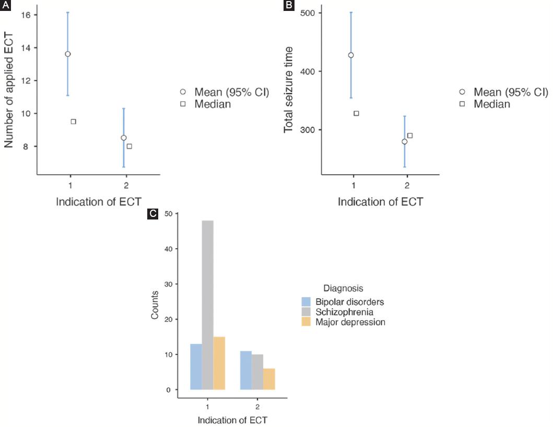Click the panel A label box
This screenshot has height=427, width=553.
6,5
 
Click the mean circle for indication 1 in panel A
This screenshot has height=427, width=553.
68,54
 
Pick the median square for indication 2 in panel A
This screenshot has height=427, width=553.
130,147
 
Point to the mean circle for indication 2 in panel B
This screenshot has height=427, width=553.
404,142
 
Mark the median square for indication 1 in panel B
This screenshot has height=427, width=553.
357,113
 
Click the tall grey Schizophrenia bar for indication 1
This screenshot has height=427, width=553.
208,305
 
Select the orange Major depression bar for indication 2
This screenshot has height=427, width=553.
269,379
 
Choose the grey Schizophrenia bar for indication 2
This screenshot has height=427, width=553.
257,372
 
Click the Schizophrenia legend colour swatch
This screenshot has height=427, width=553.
307,312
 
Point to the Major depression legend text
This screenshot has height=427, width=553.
350,322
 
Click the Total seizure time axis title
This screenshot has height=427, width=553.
289,89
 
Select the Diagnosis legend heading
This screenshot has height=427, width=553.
343,288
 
